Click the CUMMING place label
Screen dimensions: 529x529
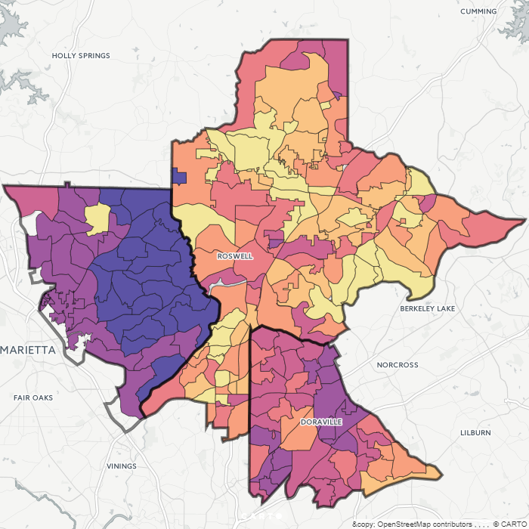(x=478, y=11)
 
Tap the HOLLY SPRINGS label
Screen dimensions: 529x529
(x=81, y=56)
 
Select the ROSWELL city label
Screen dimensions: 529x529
(x=234, y=256)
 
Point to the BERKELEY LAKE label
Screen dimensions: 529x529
(x=428, y=309)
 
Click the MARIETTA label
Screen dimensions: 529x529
(x=29, y=351)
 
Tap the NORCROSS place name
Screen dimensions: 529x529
(x=397, y=365)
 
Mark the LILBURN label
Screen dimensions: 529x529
(x=475, y=433)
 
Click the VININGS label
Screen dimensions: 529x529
(x=121, y=466)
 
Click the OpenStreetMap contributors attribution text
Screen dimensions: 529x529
(x=422, y=524)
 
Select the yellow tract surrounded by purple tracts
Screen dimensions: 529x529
(x=97, y=218)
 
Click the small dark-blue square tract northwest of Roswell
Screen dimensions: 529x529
(x=179, y=176)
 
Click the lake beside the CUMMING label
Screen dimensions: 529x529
(x=514, y=23)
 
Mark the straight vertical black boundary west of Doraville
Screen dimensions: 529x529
(x=249, y=408)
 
